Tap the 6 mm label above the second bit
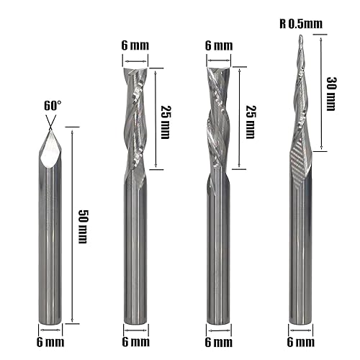pos(135,45)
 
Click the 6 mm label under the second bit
pos(135,341)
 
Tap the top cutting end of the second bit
pos(135,68)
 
